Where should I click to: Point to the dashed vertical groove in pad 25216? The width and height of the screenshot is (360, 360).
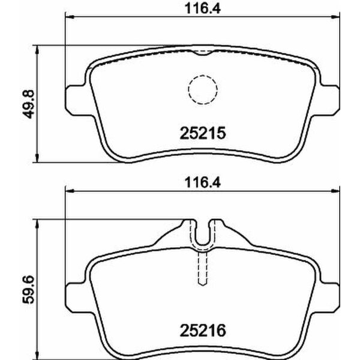pos(202,267)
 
